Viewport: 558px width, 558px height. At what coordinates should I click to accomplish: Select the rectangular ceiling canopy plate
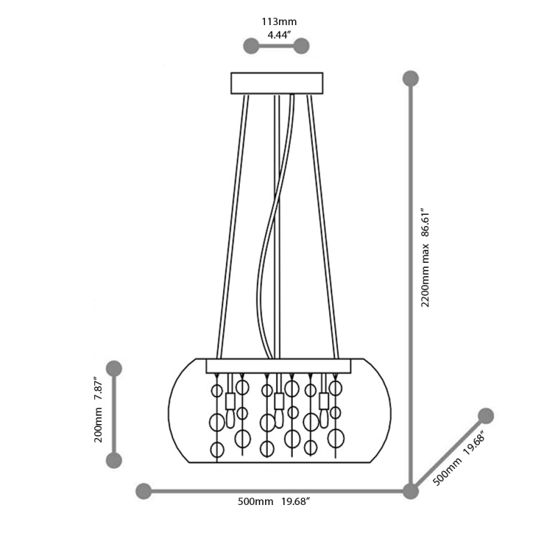(277, 82)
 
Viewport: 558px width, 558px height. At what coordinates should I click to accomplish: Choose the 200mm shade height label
(98, 425)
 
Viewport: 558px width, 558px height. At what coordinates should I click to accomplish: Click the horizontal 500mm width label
(255, 502)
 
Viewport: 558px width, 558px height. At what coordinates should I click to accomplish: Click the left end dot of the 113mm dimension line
(250, 46)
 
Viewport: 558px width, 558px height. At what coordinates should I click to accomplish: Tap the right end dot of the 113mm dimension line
(301, 46)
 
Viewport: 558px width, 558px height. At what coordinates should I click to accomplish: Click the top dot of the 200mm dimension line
(114, 368)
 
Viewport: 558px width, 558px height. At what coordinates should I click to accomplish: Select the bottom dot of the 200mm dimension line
(114, 460)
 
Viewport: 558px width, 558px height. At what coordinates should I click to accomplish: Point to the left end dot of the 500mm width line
(144, 491)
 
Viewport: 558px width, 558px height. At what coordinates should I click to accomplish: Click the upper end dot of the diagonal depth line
(486, 416)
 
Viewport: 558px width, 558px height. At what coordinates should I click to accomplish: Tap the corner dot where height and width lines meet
(411, 491)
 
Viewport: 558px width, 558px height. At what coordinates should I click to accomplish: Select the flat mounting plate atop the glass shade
(277, 365)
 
